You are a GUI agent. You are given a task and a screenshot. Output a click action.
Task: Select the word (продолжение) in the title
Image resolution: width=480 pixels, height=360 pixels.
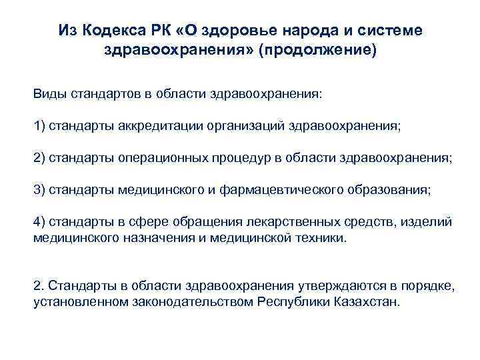point(319,50)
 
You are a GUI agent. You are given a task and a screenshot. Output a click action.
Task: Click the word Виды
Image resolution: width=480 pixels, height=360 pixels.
point(48,94)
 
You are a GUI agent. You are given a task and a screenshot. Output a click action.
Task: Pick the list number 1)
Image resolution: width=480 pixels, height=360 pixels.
point(39,126)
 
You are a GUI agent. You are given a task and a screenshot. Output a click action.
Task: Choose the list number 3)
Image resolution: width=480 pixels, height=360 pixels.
point(39,190)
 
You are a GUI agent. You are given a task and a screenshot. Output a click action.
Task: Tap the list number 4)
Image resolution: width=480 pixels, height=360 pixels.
point(39,222)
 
